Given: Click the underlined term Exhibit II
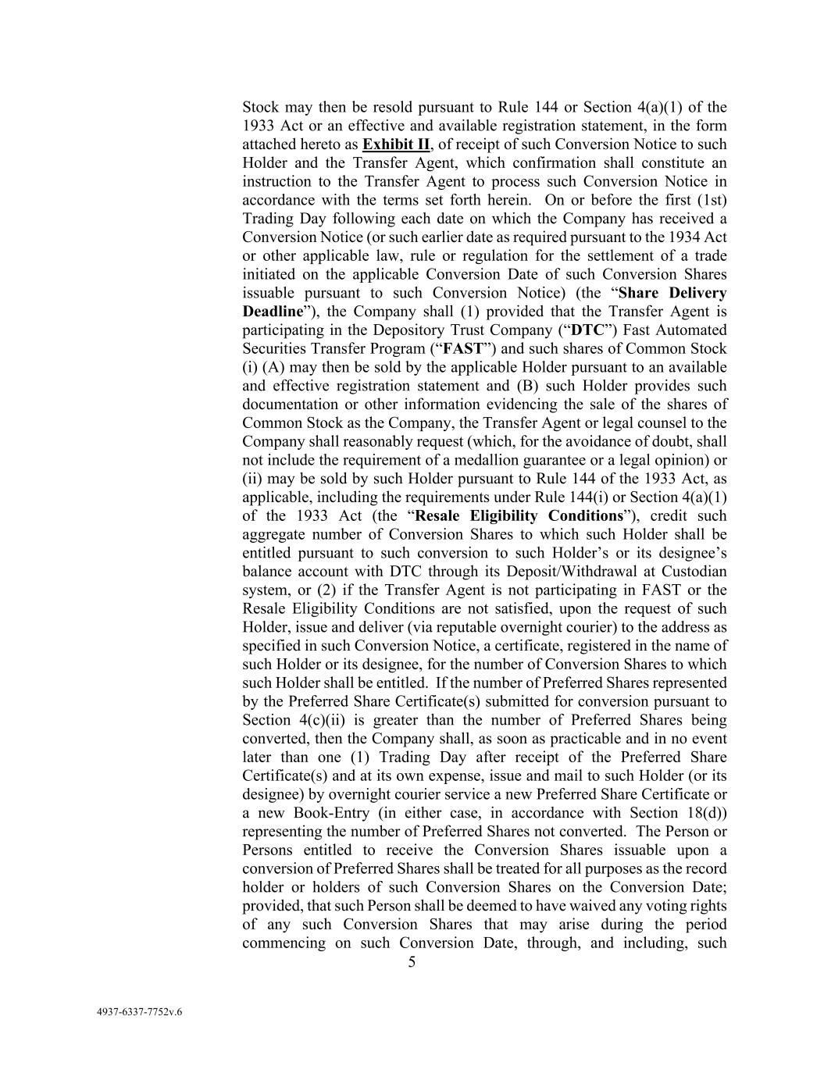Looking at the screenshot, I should pos(396,144).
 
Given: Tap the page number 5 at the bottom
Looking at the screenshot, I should pos(412,962).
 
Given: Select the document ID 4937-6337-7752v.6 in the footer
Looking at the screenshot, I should pos(139,1013).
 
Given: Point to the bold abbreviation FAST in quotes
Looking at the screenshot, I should pos(460,349).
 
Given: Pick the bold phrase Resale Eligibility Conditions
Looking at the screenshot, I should pos(519,516).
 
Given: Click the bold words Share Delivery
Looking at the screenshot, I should pos(672,293).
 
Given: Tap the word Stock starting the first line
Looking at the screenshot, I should pos(261,107).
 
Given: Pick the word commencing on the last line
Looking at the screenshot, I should pos(280,943).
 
